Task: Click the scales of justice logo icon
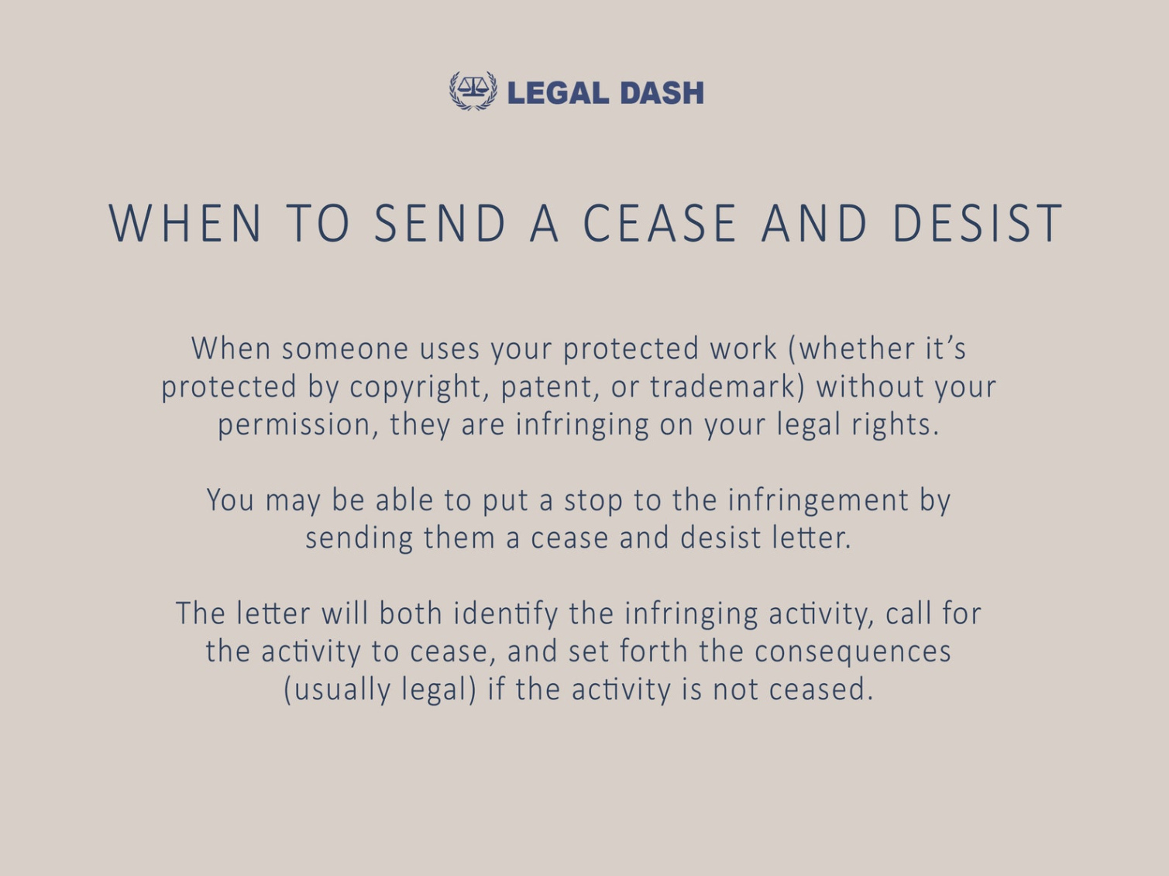[x=473, y=91]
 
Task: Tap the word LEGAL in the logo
[x=558, y=93]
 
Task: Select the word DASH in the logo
[x=662, y=93]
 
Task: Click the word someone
[x=345, y=350]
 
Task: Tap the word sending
[x=359, y=539]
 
